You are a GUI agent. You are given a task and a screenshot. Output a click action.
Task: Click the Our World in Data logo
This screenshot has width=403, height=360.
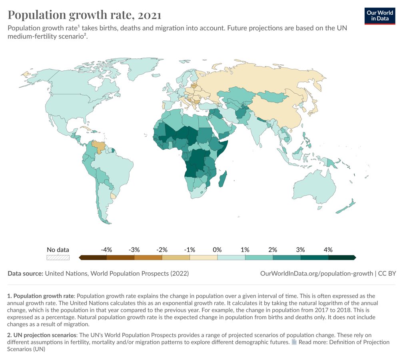tap(380, 16)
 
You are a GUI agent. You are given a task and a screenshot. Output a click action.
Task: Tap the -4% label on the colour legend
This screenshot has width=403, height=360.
tap(106, 250)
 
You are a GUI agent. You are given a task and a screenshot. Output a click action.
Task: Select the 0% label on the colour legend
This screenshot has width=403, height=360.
tap(217, 250)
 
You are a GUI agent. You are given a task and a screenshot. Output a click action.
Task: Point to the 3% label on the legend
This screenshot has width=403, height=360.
tap(300, 250)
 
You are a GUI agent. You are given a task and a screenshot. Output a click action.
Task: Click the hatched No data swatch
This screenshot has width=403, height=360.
tap(58, 258)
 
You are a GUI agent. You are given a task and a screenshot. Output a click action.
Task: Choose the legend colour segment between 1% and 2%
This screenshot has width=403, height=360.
tap(259, 258)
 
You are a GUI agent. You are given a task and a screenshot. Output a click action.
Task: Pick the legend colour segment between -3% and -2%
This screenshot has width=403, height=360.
tap(148, 258)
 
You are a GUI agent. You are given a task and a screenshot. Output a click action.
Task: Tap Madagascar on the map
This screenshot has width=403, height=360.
tap(223, 179)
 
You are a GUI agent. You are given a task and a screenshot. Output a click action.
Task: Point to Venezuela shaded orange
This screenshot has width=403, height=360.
tap(99, 146)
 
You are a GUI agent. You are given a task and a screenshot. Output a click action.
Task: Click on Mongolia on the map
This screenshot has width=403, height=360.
tap(272, 96)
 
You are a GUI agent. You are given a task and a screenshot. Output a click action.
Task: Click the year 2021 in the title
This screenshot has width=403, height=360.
tap(150, 15)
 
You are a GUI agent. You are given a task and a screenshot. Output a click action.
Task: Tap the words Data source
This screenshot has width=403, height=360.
tap(25, 273)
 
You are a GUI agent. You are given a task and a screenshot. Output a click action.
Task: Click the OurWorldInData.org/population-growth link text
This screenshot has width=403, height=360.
tap(316, 273)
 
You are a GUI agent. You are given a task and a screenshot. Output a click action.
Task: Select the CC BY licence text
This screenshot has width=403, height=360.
tap(387, 273)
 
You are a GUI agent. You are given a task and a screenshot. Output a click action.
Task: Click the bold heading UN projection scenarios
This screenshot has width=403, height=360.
tap(45, 335)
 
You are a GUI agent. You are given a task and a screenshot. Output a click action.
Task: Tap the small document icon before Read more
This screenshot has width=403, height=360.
tap(294, 342)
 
